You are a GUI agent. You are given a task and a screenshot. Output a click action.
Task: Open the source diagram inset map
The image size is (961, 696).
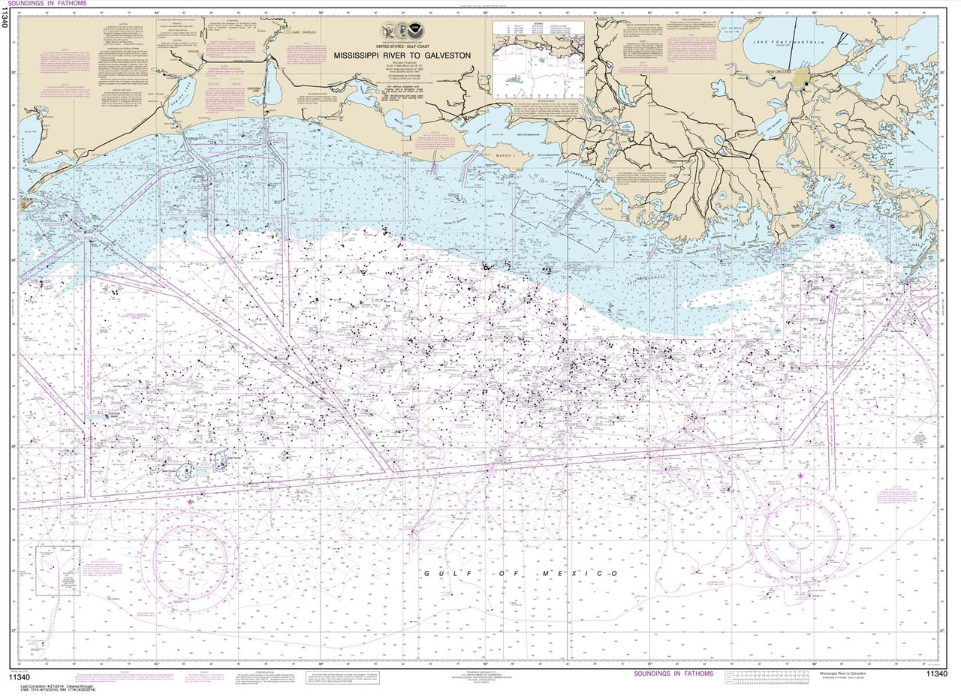pos(541,59)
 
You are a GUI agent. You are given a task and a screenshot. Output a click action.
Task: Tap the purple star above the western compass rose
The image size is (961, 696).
pos(190,502)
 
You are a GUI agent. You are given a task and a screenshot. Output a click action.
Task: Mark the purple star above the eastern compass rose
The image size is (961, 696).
pos(800,476)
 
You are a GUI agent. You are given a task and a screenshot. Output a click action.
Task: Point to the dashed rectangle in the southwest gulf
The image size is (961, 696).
pos(59,571)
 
